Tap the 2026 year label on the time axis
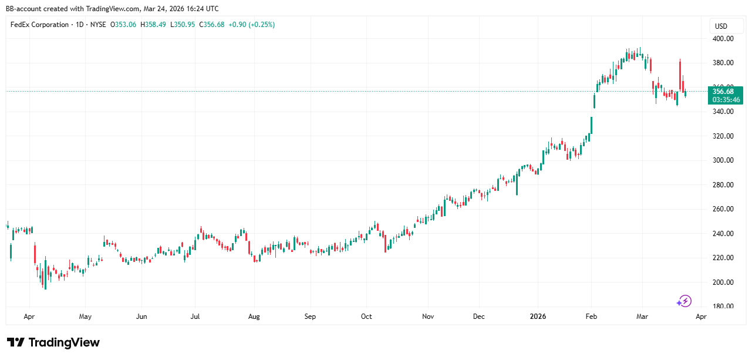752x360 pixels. tap(538, 317)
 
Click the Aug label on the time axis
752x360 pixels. tap(254, 317)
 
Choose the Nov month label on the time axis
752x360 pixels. tap(428, 317)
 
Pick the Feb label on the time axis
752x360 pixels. tap(591, 317)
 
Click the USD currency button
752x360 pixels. tap(721, 26)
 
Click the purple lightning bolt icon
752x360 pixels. tap(684, 301)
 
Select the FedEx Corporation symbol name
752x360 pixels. tap(39, 25)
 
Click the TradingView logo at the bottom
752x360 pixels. tap(53, 342)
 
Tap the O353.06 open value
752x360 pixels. tap(123, 25)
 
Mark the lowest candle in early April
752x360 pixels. tap(45, 279)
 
